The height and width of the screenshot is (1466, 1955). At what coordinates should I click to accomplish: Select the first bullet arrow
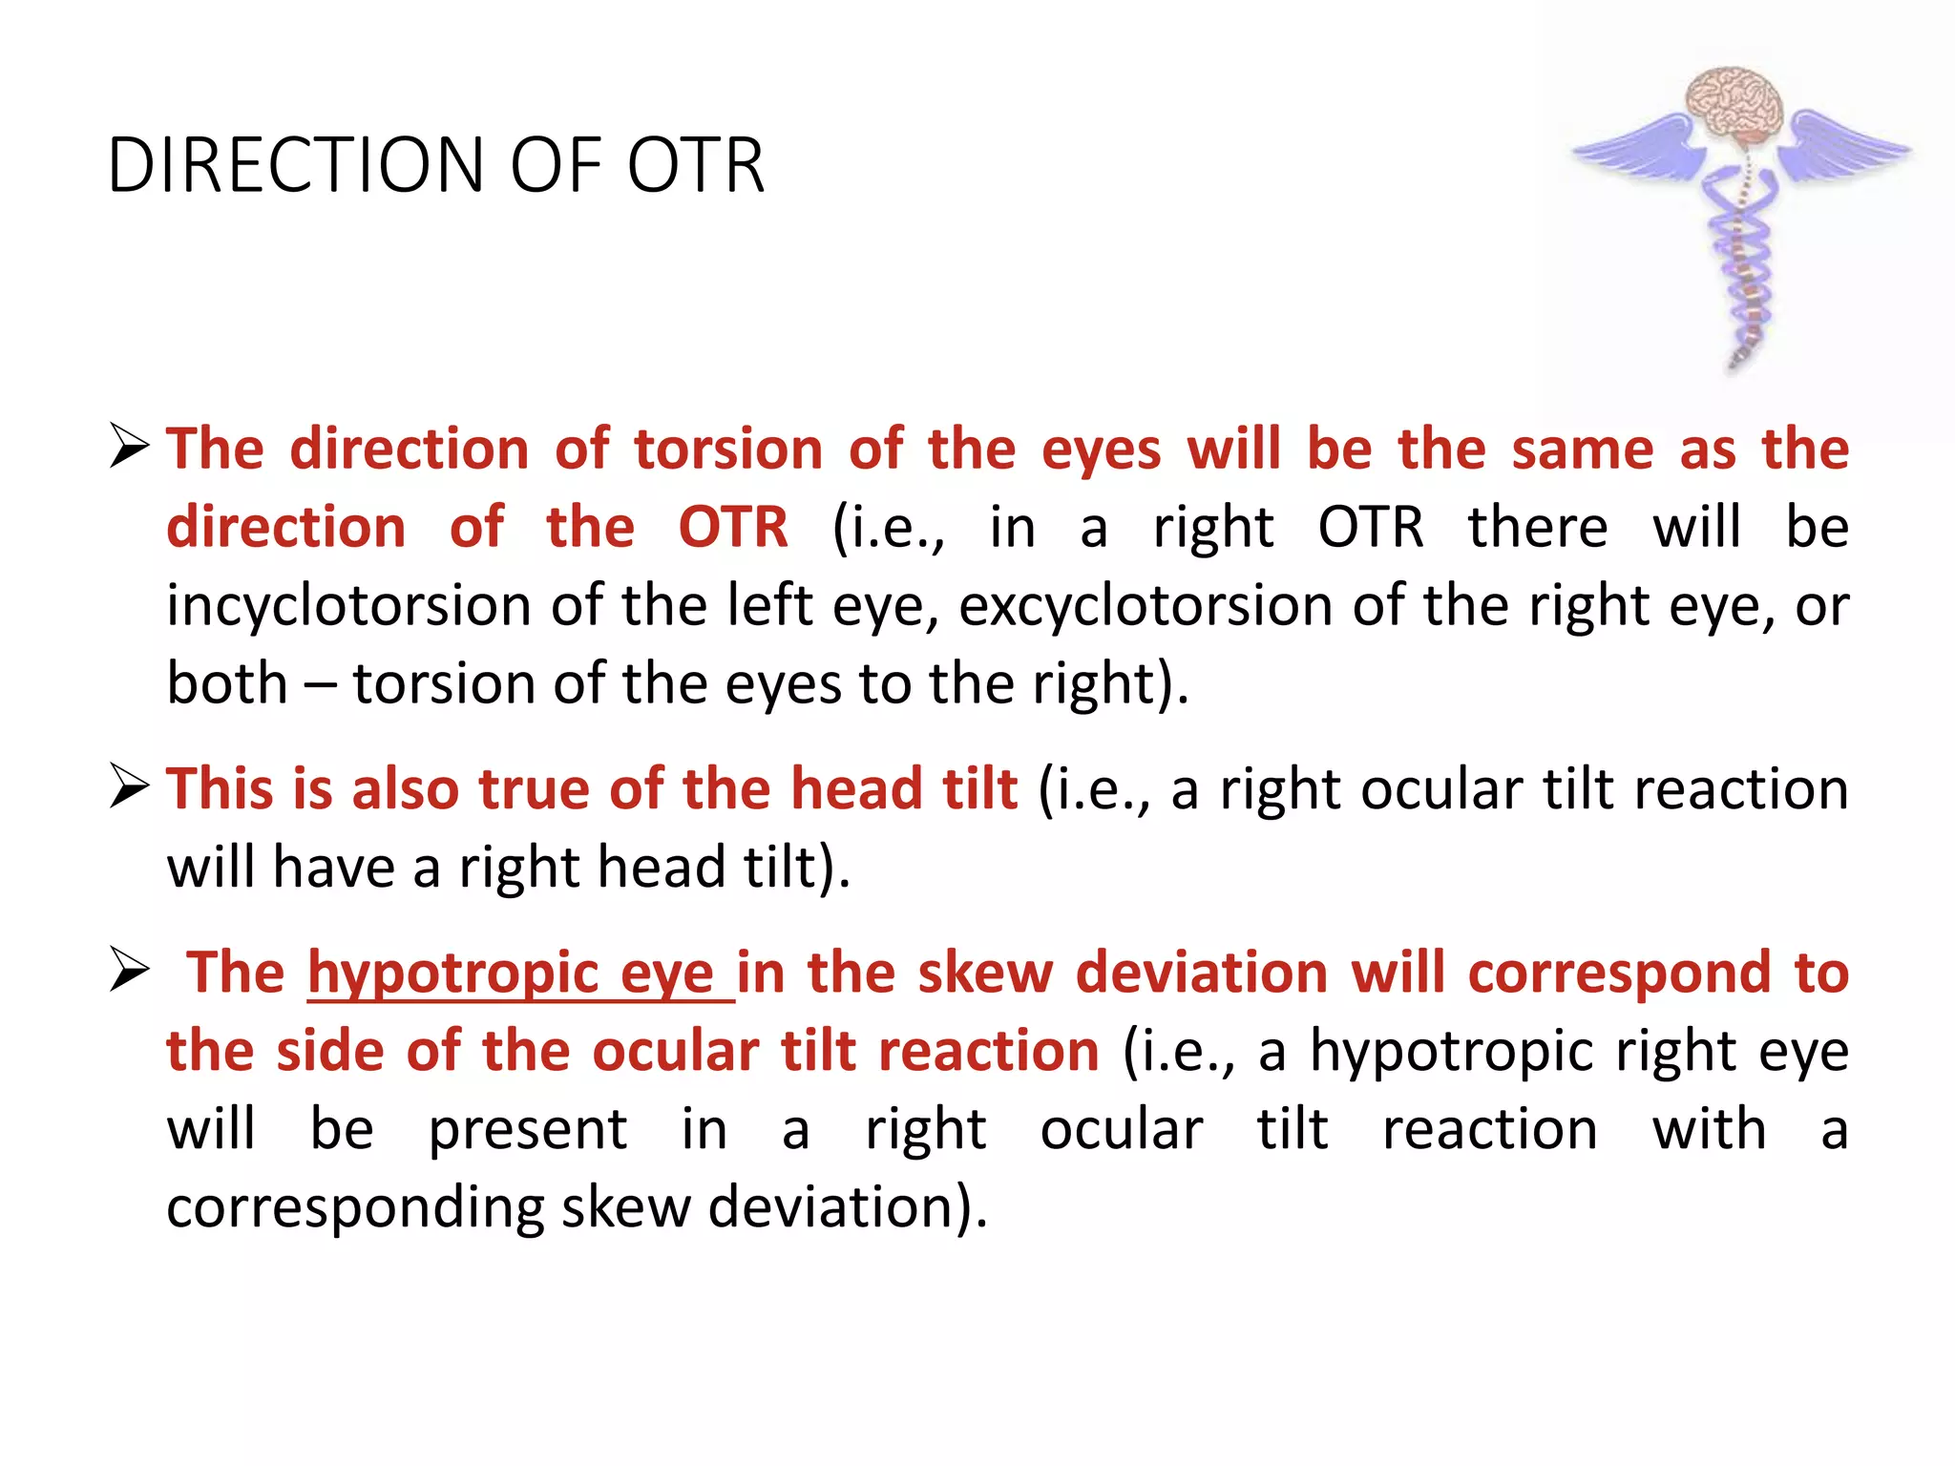pyautogui.click(x=129, y=447)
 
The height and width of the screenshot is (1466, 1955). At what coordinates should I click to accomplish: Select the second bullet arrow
pyautogui.click(x=129, y=786)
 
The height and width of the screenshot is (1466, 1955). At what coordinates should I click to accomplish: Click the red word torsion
pyautogui.click(x=727, y=449)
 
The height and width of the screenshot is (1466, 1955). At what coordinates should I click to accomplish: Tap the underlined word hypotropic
pyautogui.click(x=452, y=973)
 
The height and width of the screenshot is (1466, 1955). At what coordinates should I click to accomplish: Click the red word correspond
pyautogui.click(x=1619, y=973)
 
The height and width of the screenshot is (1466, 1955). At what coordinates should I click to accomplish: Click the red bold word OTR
pyautogui.click(x=733, y=528)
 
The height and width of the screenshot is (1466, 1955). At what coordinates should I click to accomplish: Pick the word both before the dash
pyautogui.click(x=227, y=684)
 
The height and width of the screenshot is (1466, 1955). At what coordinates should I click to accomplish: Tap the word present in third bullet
pyautogui.click(x=527, y=1130)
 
